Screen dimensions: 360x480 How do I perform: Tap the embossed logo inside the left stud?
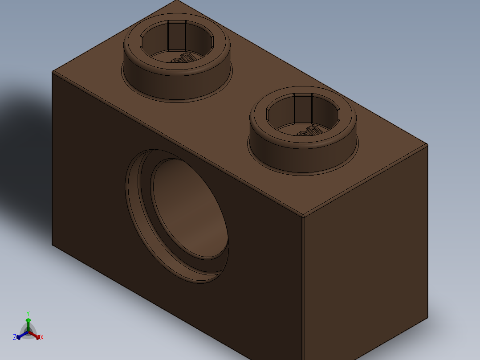(182, 58)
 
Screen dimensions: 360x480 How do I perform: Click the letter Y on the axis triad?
(28, 313)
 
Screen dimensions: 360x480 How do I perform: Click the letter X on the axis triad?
(41, 338)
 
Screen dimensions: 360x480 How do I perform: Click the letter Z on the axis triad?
(15, 337)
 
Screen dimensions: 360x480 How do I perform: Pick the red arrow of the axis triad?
(36, 335)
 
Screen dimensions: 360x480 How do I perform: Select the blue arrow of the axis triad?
(20, 335)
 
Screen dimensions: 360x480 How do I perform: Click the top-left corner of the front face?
(53, 72)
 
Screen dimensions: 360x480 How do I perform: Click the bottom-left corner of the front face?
(53, 245)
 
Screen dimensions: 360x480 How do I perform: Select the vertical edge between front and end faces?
(304, 290)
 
